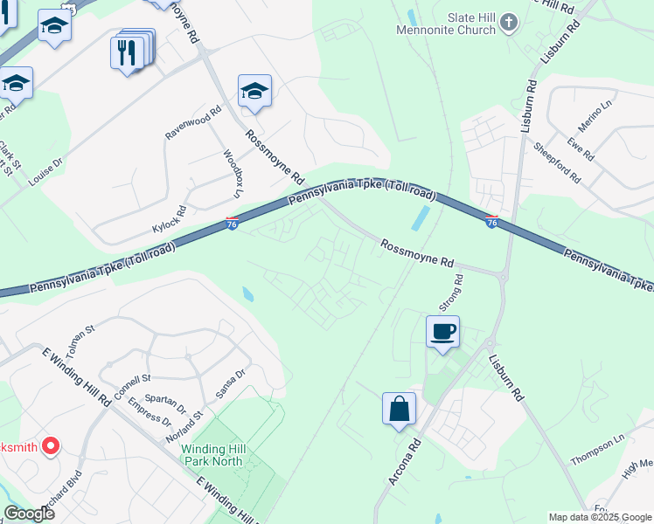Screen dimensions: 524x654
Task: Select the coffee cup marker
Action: [442, 332]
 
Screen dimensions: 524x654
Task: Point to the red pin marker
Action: [50, 447]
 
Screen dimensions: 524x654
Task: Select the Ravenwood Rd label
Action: [195, 123]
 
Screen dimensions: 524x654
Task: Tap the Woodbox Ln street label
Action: [232, 173]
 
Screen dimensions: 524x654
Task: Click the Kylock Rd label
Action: [170, 218]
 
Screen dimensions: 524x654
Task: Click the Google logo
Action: [29, 514]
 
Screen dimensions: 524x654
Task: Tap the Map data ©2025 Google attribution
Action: [600, 517]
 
